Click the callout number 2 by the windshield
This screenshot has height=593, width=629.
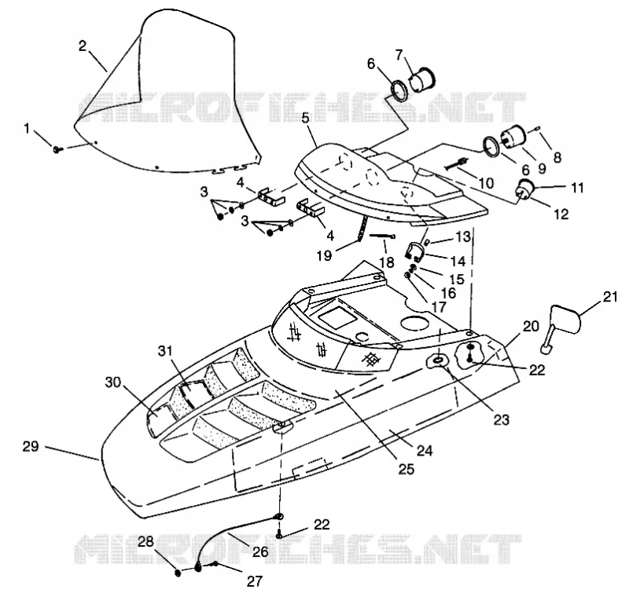click(83, 46)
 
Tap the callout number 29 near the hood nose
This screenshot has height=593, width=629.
click(31, 446)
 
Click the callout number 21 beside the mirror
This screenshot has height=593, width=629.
click(610, 297)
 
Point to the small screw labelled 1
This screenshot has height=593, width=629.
click(58, 149)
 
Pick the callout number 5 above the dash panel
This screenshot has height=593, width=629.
click(306, 119)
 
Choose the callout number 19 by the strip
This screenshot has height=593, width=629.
click(324, 255)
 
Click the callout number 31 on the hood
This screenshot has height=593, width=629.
click(165, 351)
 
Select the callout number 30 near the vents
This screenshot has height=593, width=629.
click(112, 383)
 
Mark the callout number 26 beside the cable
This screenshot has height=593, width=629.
click(260, 551)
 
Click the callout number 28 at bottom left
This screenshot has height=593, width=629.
click(146, 542)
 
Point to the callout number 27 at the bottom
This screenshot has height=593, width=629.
click(254, 580)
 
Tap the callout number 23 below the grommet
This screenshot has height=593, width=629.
click(501, 420)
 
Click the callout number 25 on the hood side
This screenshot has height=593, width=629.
click(406, 469)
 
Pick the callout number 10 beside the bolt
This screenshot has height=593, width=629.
click(486, 183)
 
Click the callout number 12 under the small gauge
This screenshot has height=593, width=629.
click(561, 214)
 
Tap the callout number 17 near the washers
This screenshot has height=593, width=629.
click(440, 307)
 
